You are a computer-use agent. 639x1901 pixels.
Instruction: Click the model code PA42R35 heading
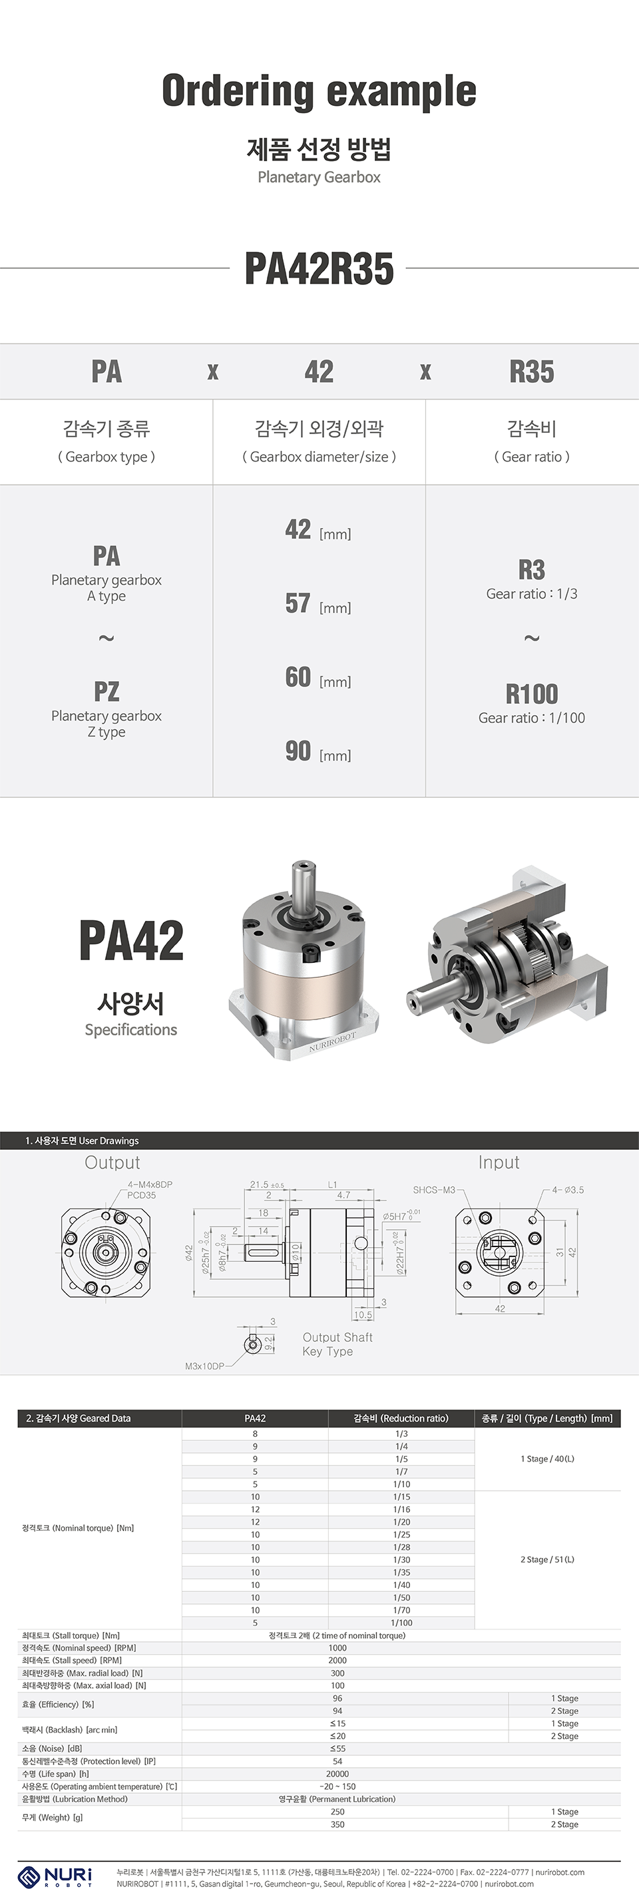[319, 268]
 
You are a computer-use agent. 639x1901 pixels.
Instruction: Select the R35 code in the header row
[531, 371]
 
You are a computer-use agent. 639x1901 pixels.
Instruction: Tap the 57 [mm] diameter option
[318, 605]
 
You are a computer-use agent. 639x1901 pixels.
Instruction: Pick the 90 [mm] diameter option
[318, 752]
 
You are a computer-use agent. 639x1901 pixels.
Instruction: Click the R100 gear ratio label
[531, 694]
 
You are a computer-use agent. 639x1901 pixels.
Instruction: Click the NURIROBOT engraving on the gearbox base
[331, 1045]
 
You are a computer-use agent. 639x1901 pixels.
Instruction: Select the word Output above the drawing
[112, 1163]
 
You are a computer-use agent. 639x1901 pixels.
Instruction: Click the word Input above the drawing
[499, 1163]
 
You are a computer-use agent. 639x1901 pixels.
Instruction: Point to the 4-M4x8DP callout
[150, 1185]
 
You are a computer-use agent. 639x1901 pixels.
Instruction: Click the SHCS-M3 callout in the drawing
[434, 1190]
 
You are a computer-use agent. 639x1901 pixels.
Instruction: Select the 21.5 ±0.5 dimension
[266, 1185]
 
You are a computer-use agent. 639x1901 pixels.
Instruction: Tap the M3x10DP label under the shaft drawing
[204, 1366]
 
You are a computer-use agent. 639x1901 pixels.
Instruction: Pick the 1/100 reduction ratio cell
[401, 1623]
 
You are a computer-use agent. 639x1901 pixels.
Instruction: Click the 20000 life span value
[337, 1773]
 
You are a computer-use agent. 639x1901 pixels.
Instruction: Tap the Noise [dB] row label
[52, 1749]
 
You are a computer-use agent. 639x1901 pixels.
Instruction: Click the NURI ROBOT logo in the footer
[55, 1876]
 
